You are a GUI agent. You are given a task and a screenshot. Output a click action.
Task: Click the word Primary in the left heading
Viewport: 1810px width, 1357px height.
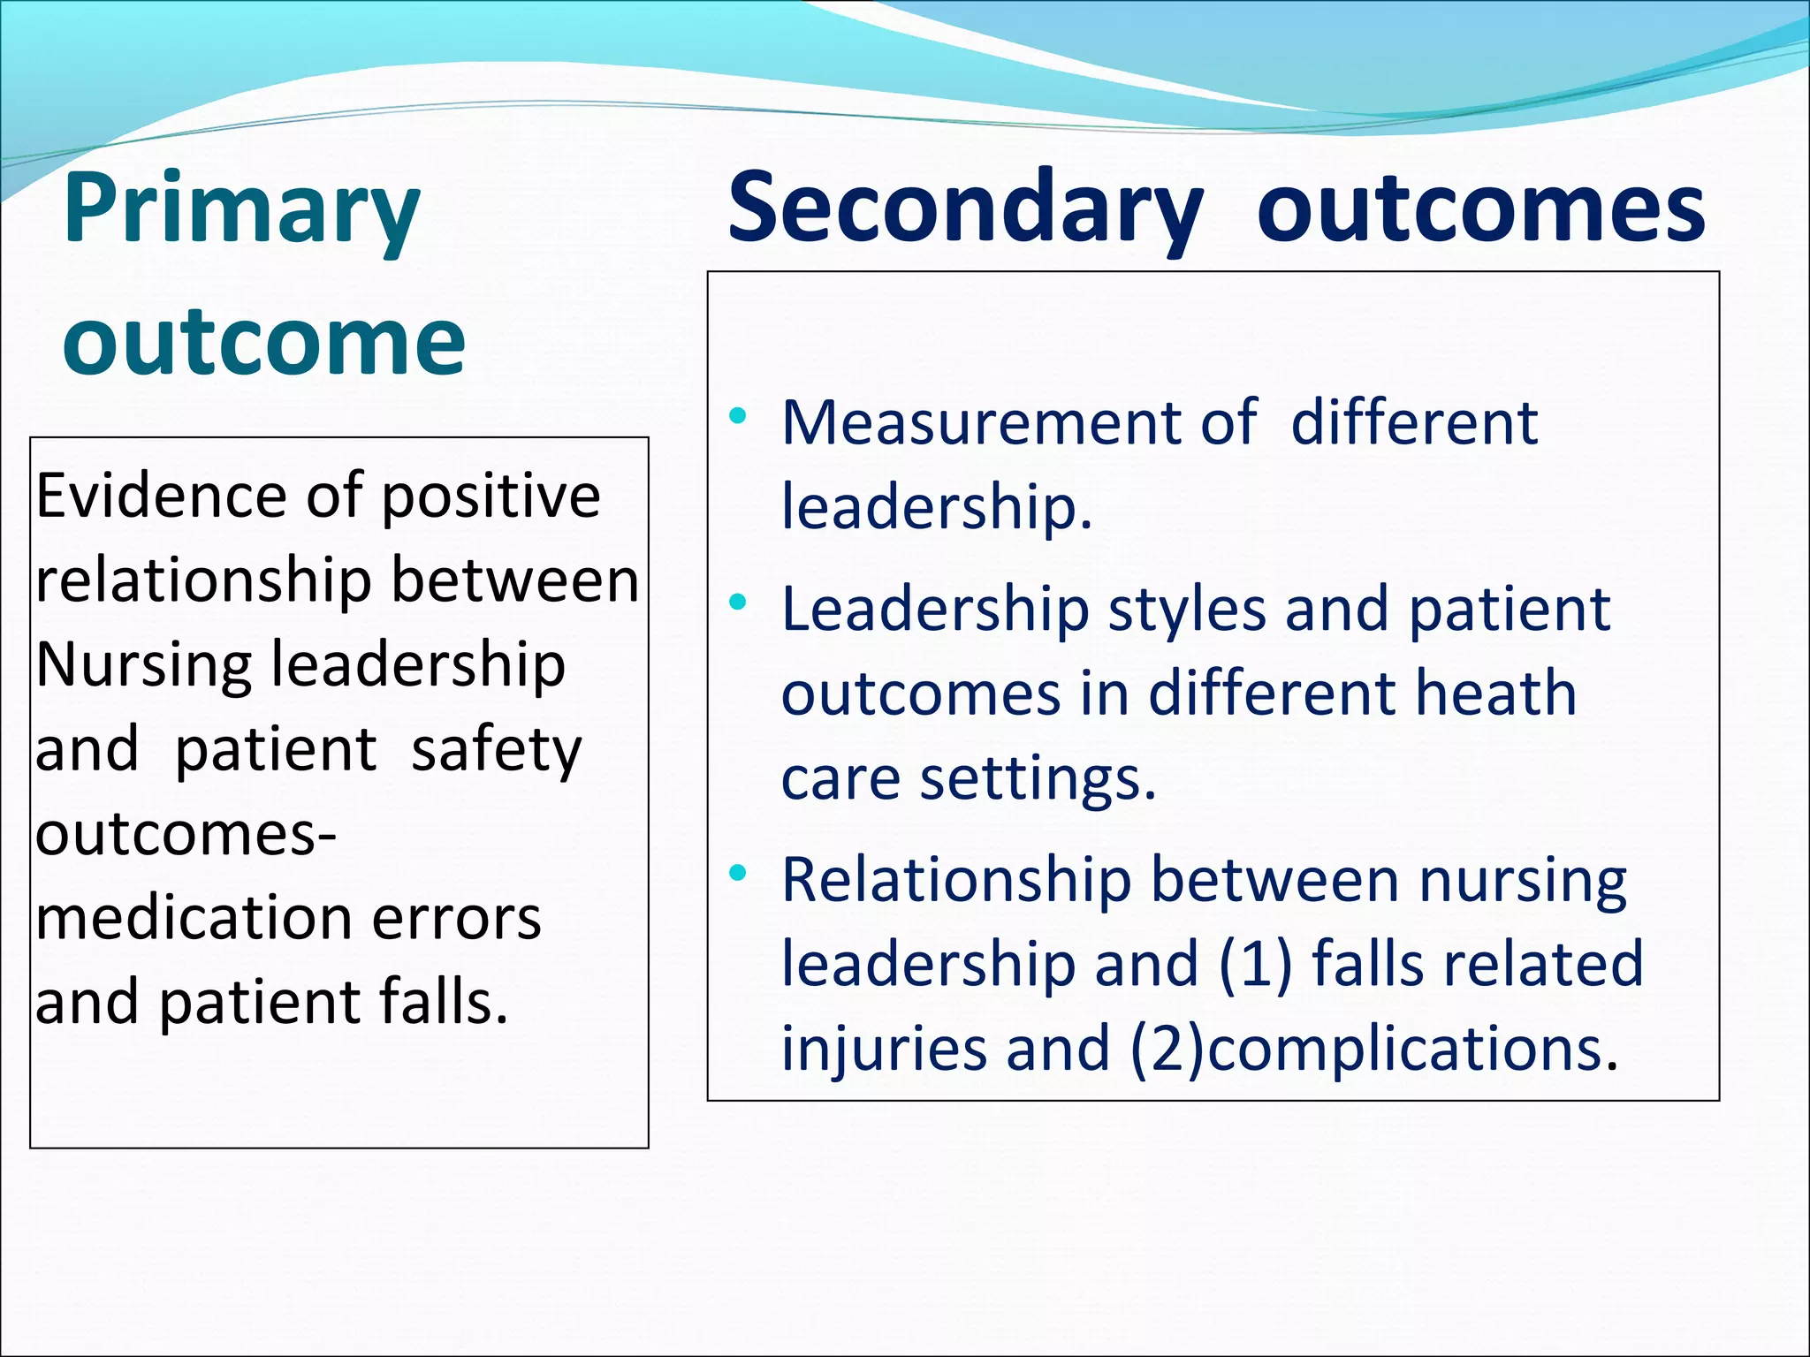(241, 210)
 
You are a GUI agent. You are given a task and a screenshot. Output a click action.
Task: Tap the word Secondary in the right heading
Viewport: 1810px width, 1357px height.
(965, 210)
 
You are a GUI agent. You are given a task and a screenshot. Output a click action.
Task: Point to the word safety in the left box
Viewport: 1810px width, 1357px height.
(497, 749)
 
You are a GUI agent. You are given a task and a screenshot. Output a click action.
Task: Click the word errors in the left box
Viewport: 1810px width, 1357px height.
(456, 918)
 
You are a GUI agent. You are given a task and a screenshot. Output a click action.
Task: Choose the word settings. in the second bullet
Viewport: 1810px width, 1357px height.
(1038, 778)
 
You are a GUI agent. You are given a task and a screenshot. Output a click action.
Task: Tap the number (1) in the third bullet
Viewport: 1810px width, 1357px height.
(1256, 963)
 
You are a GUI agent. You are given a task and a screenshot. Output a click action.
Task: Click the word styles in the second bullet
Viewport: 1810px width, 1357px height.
(1187, 610)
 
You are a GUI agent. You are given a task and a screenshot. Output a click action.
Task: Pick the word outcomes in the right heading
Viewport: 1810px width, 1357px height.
(1480, 210)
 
